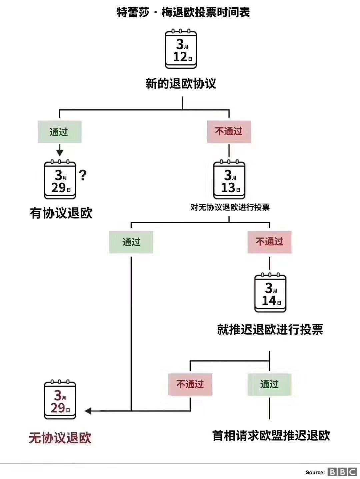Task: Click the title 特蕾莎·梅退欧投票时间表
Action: [183, 13]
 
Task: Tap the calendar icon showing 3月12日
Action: [181, 50]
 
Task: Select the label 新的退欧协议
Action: [181, 83]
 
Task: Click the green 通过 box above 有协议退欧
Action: [59, 132]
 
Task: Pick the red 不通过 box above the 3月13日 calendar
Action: [229, 132]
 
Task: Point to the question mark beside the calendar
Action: [83, 175]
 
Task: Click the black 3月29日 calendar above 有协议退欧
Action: [60, 180]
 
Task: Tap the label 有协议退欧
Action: [61, 213]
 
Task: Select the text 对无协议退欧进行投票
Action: [230, 207]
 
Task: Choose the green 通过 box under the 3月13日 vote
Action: [131, 242]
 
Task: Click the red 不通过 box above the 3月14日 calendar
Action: [269, 242]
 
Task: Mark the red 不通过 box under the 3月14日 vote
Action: [190, 384]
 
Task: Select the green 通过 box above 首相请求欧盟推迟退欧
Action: [269, 384]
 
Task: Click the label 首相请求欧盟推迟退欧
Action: [271, 435]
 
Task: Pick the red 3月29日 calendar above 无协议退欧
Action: [60, 400]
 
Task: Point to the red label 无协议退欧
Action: [60, 438]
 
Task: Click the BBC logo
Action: [342, 472]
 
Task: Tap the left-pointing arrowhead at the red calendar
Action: [88, 411]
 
